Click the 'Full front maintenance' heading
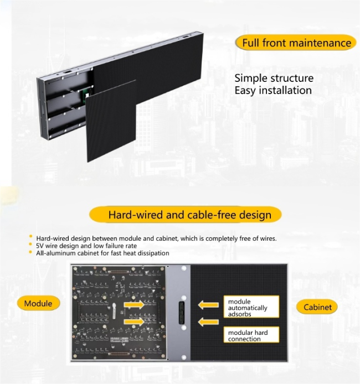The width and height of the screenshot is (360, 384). click(296, 43)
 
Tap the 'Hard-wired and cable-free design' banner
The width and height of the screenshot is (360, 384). click(186, 215)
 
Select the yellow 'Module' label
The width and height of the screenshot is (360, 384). click(38, 303)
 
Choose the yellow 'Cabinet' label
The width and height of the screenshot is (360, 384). click(317, 307)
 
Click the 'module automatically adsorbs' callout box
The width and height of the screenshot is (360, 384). click(251, 307)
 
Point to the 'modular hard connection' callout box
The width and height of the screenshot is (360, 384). click(251, 335)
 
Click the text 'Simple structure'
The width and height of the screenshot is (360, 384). click(274, 79)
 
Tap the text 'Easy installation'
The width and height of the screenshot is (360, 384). click(273, 90)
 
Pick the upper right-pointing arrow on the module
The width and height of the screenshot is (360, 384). click(134, 305)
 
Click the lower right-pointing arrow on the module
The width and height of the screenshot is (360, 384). click(134, 321)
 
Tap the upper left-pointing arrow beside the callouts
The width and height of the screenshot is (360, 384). click(208, 305)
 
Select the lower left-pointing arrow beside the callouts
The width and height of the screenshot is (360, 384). click(208, 322)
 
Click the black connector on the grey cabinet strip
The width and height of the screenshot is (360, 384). click(182, 313)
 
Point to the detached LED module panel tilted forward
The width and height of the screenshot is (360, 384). click(111, 121)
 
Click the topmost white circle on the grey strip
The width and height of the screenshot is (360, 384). click(184, 268)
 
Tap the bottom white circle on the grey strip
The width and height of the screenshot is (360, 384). click(184, 357)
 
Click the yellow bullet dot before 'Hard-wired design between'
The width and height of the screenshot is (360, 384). click(30, 236)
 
